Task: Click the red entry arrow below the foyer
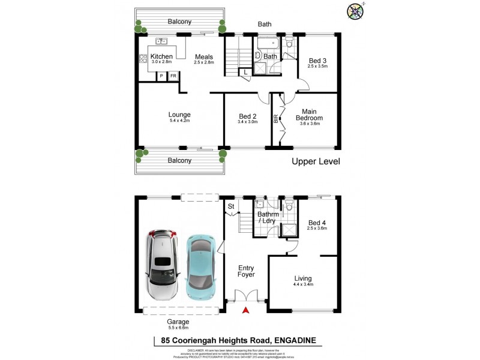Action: tap(245, 310)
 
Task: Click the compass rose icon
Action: tap(355, 10)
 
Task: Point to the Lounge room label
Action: tap(179, 115)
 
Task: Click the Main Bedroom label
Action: tap(310, 115)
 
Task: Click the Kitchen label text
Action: tap(161, 56)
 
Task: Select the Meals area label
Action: tap(204, 57)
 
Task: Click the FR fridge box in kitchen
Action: tap(173, 76)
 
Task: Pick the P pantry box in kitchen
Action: tap(161, 76)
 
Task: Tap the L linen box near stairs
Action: tap(245, 73)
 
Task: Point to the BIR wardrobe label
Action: tap(276, 119)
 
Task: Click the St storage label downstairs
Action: tap(230, 207)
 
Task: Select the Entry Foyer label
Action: tap(246, 271)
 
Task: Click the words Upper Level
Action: tap(316, 161)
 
